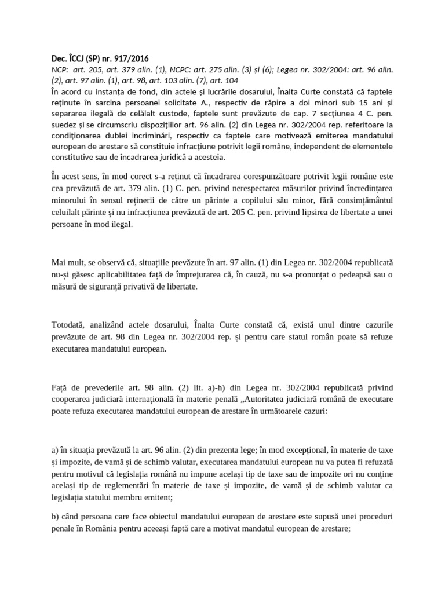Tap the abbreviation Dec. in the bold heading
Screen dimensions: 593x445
click(60, 58)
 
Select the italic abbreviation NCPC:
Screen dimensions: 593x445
click(185, 69)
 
